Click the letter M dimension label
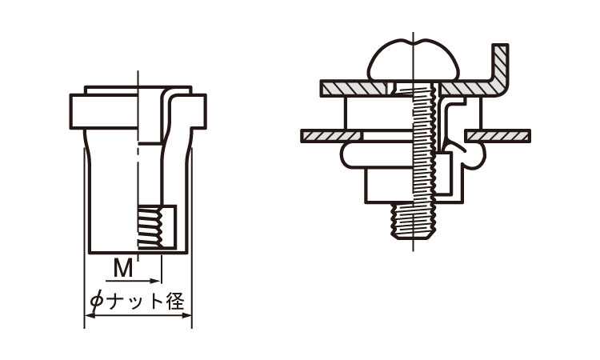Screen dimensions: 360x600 122,268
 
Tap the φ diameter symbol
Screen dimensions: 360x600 96,302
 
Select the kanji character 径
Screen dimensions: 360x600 176,302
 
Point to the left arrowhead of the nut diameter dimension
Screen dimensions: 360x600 88,316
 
